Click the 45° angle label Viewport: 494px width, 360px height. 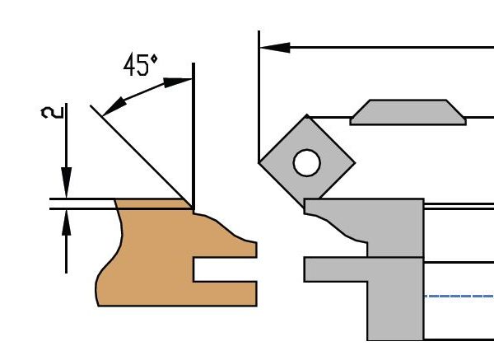[141, 65]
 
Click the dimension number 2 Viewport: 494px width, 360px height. [53, 113]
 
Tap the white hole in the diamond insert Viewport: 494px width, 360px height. [307, 162]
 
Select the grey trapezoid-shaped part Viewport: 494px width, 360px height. [408, 112]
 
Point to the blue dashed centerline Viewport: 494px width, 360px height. [459, 297]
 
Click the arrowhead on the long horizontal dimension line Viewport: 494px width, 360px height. [274, 48]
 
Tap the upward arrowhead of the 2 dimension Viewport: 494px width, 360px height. [66, 222]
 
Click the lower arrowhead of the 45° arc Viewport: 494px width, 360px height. [114, 107]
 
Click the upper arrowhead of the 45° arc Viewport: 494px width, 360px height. [178, 82]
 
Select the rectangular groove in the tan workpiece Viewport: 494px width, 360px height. [225, 269]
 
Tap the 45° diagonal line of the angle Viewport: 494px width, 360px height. [142, 157]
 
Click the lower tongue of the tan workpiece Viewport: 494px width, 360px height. [225, 294]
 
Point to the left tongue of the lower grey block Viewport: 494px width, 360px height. [336, 269]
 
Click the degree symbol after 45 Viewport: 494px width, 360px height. [154, 59]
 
